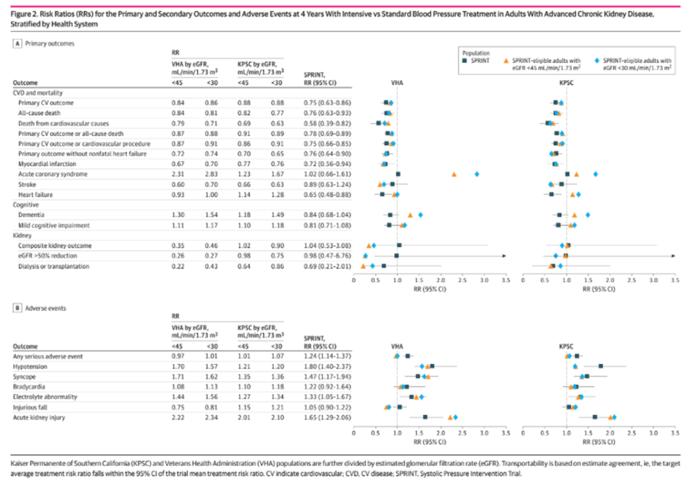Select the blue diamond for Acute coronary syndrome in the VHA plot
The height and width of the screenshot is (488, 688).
click(x=477, y=174)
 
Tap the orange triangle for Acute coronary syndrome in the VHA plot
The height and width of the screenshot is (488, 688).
click(x=454, y=174)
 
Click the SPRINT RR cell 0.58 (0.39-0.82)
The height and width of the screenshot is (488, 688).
click(x=327, y=124)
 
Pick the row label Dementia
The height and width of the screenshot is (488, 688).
click(x=32, y=215)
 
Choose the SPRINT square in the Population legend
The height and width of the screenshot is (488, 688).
click(x=466, y=60)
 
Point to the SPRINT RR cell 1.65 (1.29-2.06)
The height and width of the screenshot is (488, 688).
click(x=327, y=418)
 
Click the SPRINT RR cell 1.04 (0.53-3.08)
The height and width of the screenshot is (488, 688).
click(x=327, y=246)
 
